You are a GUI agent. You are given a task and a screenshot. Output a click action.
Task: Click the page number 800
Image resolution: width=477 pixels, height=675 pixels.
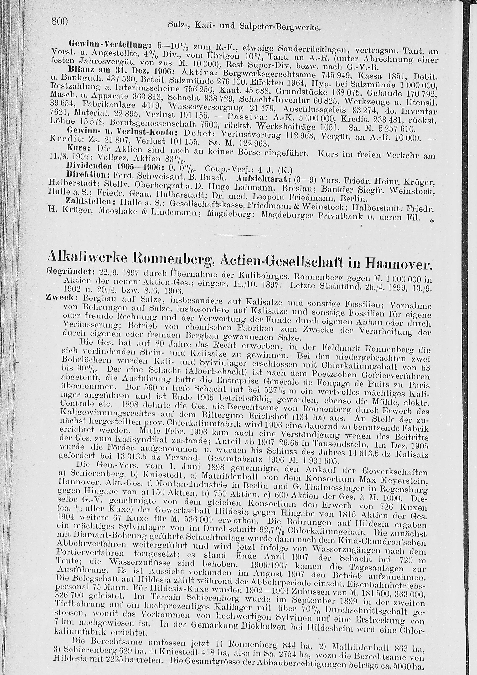coord(60,21)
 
